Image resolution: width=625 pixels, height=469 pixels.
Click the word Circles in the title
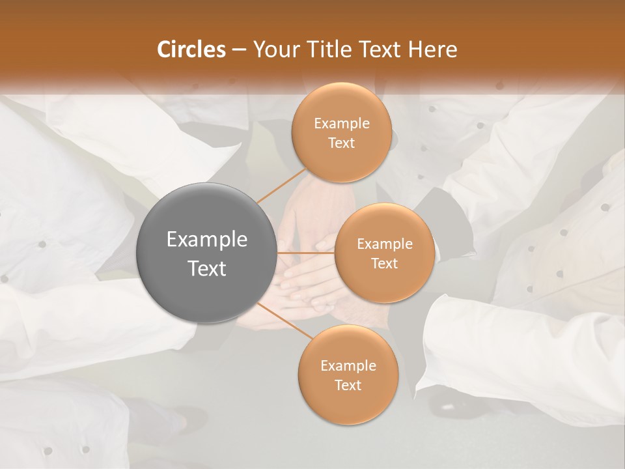coord(191,49)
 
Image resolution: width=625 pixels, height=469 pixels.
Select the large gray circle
coord(207,253)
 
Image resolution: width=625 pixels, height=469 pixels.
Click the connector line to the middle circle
coord(306,252)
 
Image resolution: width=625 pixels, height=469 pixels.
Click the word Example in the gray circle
coord(207,240)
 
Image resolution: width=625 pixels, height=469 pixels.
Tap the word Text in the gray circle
coord(207,268)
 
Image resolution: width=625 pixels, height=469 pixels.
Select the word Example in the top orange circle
coord(341,124)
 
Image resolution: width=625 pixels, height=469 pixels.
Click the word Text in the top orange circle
coord(341,143)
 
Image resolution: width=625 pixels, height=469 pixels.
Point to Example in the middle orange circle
coord(384,244)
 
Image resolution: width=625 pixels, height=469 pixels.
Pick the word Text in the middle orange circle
coord(384,263)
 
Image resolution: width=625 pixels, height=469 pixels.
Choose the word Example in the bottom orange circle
coord(348,366)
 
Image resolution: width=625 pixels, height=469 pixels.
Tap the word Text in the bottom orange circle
coord(348,385)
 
